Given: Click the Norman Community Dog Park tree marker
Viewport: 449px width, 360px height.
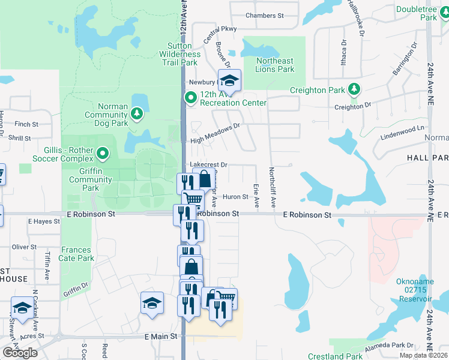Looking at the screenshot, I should [x=137, y=113].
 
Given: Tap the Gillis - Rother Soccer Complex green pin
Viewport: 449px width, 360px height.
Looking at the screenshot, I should [x=103, y=154].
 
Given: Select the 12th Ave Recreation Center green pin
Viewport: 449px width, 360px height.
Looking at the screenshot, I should [x=191, y=97].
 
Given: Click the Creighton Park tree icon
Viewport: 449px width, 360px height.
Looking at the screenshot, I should [x=354, y=89].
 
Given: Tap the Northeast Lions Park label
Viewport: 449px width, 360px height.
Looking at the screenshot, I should [x=275, y=65].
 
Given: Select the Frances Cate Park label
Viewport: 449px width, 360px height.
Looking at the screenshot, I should [x=76, y=254].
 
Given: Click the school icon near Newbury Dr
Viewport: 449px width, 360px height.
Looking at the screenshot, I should [x=229, y=80].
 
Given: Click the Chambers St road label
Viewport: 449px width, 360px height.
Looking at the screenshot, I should [x=264, y=16].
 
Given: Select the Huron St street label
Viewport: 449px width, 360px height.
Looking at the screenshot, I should [x=235, y=197].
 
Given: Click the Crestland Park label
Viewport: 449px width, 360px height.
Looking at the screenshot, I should [x=335, y=356].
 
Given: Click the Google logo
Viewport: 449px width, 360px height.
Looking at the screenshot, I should [x=20, y=352].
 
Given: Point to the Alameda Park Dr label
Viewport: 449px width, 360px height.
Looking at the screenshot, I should [x=393, y=346].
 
